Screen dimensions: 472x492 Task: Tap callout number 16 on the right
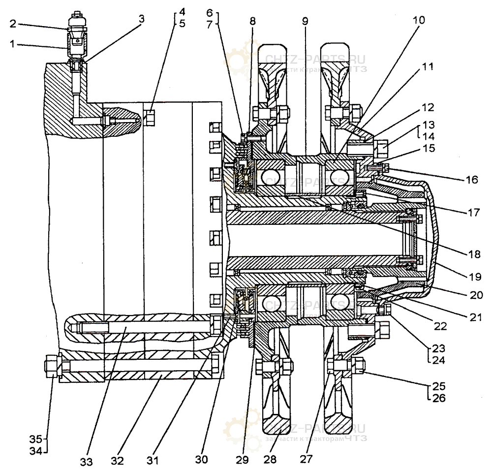[472, 180]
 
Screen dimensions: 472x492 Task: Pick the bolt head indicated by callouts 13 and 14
[381, 146]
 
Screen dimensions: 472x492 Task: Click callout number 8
[252, 22]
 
